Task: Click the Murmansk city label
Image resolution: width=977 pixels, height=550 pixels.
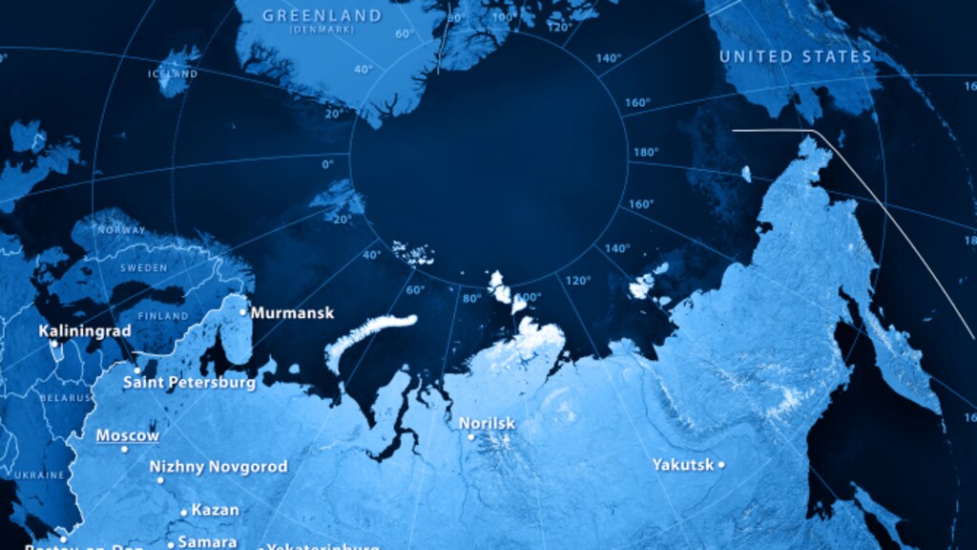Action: click(x=292, y=312)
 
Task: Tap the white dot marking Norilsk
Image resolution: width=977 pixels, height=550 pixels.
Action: click(x=470, y=437)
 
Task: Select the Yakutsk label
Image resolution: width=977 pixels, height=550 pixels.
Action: click(x=683, y=465)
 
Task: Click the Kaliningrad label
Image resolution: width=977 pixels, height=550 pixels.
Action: click(x=85, y=331)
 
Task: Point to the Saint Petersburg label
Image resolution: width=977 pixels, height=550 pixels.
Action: click(x=189, y=383)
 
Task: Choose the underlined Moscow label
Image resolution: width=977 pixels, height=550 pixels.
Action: click(x=128, y=435)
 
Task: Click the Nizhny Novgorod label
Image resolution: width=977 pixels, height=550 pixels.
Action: click(x=218, y=467)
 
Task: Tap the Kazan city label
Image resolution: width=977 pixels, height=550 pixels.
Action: click(x=215, y=510)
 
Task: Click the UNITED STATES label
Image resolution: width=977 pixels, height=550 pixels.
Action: click(x=796, y=57)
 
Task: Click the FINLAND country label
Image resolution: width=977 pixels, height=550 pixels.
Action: click(x=162, y=315)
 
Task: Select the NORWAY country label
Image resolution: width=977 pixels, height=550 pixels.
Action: click(x=122, y=230)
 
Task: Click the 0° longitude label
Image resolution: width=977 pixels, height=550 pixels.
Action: click(x=328, y=164)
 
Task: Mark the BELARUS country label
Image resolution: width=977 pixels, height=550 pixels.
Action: click(x=66, y=396)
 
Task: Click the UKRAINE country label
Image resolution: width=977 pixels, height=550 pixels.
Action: click(x=41, y=475)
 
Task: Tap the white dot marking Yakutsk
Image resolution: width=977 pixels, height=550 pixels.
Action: click(x=721, y=465)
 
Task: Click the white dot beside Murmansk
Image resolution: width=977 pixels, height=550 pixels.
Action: click(x=243, y=311)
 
